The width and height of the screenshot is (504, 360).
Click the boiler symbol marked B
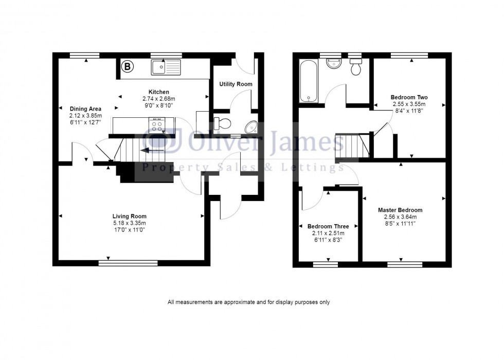click(127, 66)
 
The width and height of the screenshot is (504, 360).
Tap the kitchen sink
click(166, 66)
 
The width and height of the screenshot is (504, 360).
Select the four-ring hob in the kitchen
click(156, 124)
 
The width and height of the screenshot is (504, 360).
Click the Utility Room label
click(236, 84)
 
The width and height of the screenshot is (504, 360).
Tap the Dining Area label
click(85, 109)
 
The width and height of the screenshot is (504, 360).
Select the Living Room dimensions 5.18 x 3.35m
click(130, 223)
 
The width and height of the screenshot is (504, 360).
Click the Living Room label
click(130, 216)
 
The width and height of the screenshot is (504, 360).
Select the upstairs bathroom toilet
click(355, 67)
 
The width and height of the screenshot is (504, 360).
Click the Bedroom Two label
click(409, 97)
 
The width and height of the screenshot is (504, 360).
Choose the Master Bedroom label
click(400, 210)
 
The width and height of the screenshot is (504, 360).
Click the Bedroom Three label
click(328, 226)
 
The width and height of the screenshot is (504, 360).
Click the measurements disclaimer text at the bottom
click(248, 302)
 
